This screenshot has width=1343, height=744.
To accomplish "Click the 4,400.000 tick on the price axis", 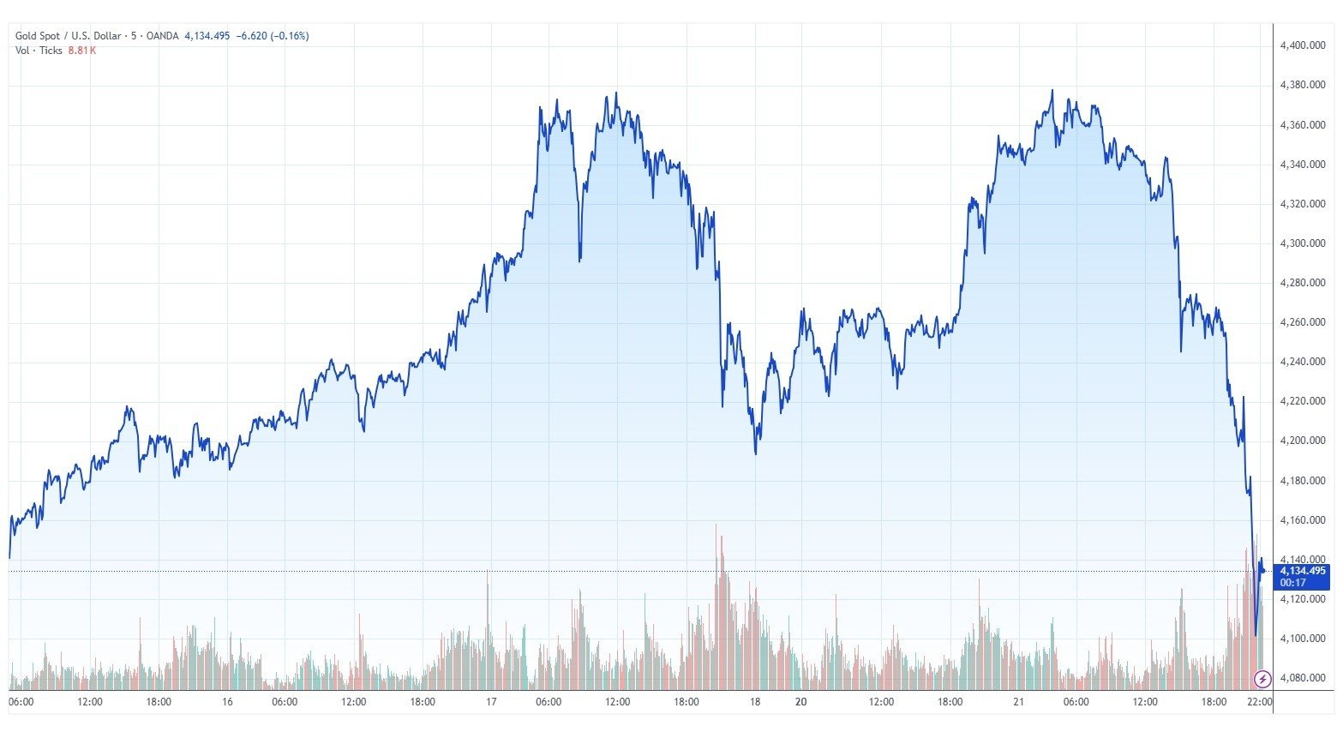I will [1303, 45].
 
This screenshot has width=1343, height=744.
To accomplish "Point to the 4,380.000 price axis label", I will [1303, 85].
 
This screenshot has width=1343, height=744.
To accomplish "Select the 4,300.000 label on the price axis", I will [1303, 243].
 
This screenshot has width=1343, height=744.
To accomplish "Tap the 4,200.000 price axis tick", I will [1303, 441].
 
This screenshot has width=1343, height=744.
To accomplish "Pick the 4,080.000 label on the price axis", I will [1303, 678].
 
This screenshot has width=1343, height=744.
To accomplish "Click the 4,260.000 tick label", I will [1303, 322].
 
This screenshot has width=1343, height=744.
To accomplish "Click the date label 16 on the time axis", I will [227, 702].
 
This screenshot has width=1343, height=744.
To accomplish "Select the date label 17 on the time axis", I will [491, 702].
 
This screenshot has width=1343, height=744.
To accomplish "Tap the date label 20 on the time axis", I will [800, 702].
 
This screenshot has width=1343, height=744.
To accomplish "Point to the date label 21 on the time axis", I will [1018, 702].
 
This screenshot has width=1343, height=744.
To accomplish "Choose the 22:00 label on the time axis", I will [1258, 702].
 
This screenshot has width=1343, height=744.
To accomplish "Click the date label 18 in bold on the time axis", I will [754, 702].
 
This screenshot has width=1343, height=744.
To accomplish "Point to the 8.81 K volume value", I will [82, 51].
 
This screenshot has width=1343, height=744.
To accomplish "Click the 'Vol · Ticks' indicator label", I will [39, 51].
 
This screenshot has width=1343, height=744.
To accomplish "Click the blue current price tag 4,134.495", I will [1302, 571].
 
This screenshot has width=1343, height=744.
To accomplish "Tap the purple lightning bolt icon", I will [1262, 680].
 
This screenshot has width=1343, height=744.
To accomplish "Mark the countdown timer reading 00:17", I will [1292, 583].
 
